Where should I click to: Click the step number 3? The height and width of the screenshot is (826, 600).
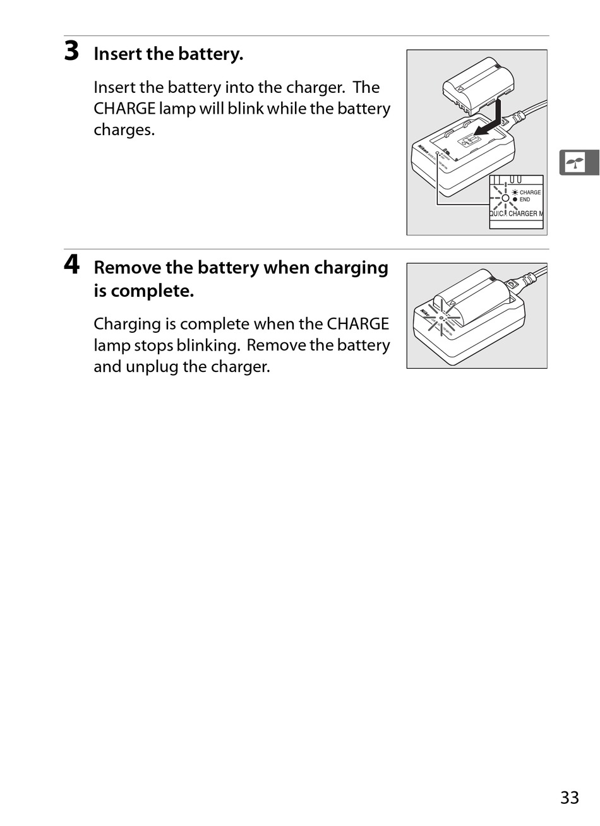(72, 51)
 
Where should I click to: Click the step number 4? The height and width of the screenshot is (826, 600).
(72, 265)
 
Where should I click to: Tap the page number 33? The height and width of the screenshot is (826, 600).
(569, 798)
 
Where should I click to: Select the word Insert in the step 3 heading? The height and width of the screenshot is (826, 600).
(117, 54)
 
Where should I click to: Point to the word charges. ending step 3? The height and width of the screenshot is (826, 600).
(124, 130)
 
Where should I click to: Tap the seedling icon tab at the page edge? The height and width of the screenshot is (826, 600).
(579, 162)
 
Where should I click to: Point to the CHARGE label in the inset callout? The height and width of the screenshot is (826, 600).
(530, 192)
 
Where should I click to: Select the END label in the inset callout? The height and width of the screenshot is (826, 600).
(525, 200)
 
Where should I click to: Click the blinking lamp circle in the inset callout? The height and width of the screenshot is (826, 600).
(505, 198)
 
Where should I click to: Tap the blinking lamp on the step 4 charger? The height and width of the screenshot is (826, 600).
(441, 318)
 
